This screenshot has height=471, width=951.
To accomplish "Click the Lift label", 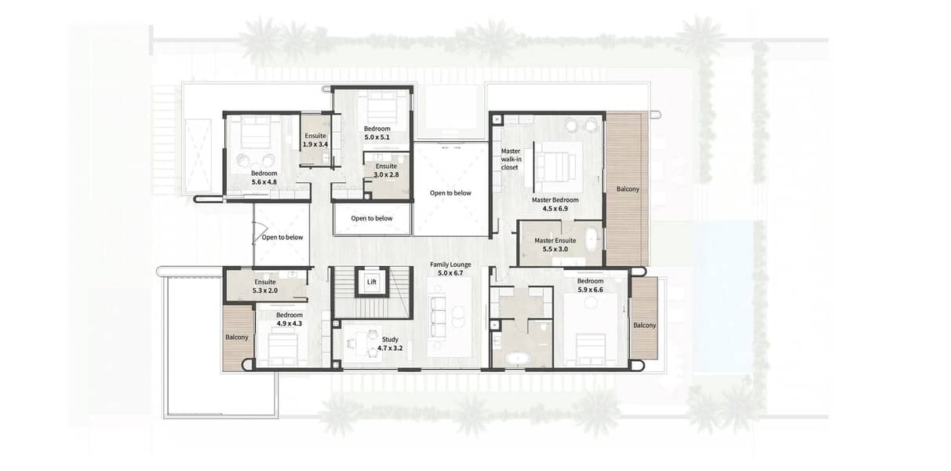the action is pos(371,282).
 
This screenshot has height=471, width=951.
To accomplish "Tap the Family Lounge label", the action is pos(450,265).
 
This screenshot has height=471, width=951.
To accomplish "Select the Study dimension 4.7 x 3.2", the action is pos(390,349).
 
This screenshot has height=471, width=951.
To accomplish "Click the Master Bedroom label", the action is pos(555,200).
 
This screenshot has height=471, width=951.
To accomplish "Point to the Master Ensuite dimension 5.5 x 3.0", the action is pos(555,250).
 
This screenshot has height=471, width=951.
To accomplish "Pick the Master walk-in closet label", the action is pos(511,159).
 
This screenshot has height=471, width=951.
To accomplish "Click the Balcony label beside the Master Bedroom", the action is pos(628,189).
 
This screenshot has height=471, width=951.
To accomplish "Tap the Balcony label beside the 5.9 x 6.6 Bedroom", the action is pos(644,325).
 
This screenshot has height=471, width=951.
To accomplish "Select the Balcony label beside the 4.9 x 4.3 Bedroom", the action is pos(236,338).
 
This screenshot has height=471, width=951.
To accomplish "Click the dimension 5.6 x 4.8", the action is pos(264,182).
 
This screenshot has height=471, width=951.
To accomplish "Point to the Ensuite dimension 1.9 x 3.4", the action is pos(315,144).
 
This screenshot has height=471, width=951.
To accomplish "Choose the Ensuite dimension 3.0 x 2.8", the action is pos(386,174).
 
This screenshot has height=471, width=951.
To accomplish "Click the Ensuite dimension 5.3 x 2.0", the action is pos(265,291).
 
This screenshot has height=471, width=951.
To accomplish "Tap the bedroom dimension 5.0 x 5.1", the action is pos(377,137).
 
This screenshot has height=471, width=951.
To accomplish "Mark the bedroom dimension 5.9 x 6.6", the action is pos(590,290).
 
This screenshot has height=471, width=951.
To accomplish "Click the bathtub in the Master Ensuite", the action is pos(591,240).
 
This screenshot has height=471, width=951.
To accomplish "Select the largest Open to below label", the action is pos(450,193).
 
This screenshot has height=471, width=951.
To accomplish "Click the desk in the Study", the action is pos(364,343).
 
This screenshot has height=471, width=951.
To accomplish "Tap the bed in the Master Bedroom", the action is pos(558,167).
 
